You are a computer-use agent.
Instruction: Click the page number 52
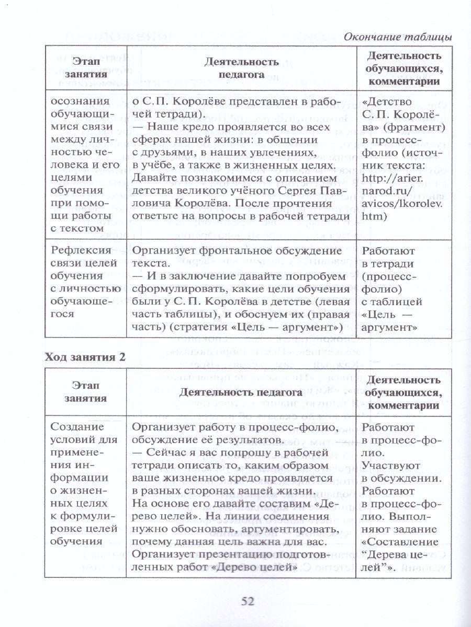[248, 601]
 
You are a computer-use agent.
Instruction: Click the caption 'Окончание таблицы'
[397, 37]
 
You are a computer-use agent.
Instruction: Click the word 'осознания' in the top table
[74, 101]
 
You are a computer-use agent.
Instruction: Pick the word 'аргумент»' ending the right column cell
[389, 328]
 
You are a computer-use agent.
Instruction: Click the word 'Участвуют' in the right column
[387, 465]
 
